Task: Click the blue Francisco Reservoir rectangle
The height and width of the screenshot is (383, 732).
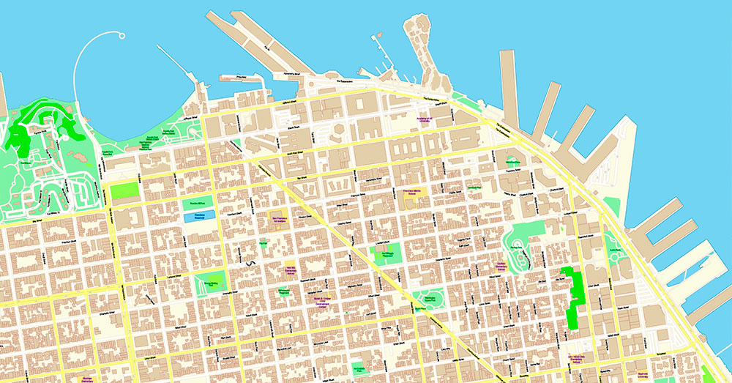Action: click(200, 216)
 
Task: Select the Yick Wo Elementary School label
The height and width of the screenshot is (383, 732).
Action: click(290, 269)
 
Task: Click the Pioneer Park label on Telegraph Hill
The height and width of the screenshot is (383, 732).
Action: click(516, 249)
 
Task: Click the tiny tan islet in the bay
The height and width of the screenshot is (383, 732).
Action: click(379, 34)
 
